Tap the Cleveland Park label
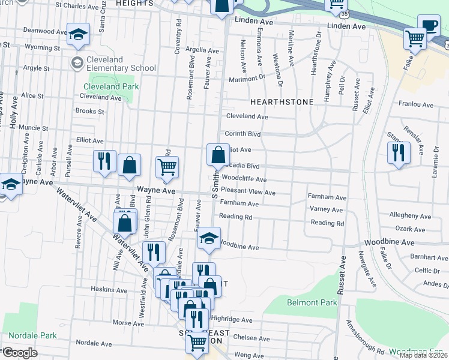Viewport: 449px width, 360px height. [111, 86]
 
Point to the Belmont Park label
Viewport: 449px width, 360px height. [312, 303]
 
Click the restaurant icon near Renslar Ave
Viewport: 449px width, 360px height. [398, 153]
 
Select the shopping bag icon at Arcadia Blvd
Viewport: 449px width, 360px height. [218, 155]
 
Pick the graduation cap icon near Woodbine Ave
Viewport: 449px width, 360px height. [209, 239]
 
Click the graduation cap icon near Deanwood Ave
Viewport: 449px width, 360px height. [78, 35]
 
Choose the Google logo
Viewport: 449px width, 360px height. [20, 353]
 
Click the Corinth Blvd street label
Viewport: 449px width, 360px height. [243, 134]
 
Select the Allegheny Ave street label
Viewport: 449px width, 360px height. [410, 216]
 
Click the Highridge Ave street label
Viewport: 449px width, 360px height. [231, 320]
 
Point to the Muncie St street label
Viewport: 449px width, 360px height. [34, 128]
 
